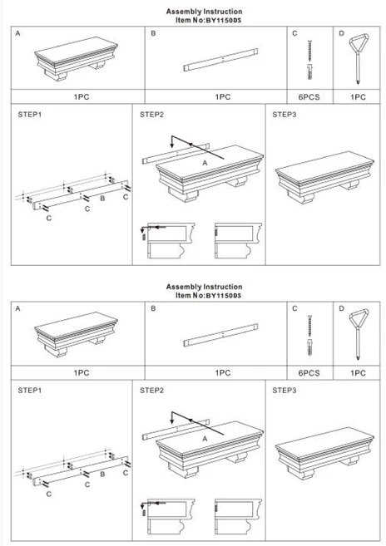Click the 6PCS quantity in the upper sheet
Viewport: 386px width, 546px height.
[309, 97]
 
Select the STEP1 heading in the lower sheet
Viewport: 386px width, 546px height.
[30, 391]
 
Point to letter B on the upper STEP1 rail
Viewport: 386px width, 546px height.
[102, 198]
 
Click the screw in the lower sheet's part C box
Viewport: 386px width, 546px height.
[309, 327]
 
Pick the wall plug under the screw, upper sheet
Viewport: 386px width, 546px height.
[309, 71]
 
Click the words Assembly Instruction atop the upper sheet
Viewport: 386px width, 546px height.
[204, 12]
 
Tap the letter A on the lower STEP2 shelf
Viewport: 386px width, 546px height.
[205, 439]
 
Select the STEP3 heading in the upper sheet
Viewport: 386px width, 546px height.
[285, 115]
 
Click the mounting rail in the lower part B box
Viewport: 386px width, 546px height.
[220, 335]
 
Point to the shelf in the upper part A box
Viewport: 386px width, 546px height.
[76, 59]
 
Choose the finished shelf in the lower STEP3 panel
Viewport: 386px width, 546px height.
[324, 454]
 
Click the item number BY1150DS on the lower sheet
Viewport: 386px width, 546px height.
[224, 296]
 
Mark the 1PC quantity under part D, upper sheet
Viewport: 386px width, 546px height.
[358, 97]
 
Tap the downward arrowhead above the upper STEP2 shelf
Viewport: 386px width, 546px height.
[172, 145]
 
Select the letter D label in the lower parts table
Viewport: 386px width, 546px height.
[341, 308]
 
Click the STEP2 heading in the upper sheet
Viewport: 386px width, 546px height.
[151, 115]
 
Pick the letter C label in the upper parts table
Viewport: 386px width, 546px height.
[294, 33]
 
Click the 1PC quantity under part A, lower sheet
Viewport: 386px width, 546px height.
[82, 373]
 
